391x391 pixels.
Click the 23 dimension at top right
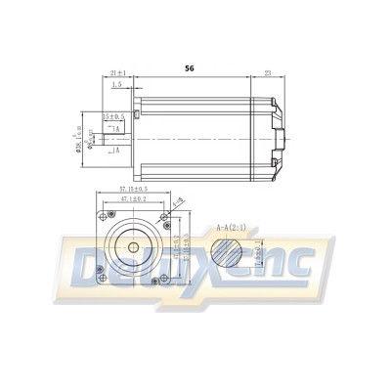tap(267, 72)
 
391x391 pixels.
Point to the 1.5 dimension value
tap(117, 85)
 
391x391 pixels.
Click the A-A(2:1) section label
tap(232, 225)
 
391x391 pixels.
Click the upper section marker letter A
tap(116, 129)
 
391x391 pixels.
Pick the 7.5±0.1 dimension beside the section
tap(258, 255)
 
